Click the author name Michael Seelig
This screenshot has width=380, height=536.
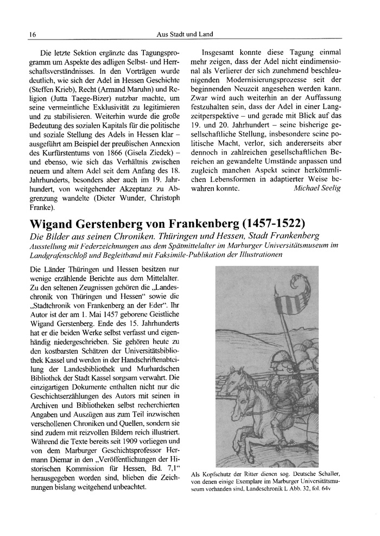317,189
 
